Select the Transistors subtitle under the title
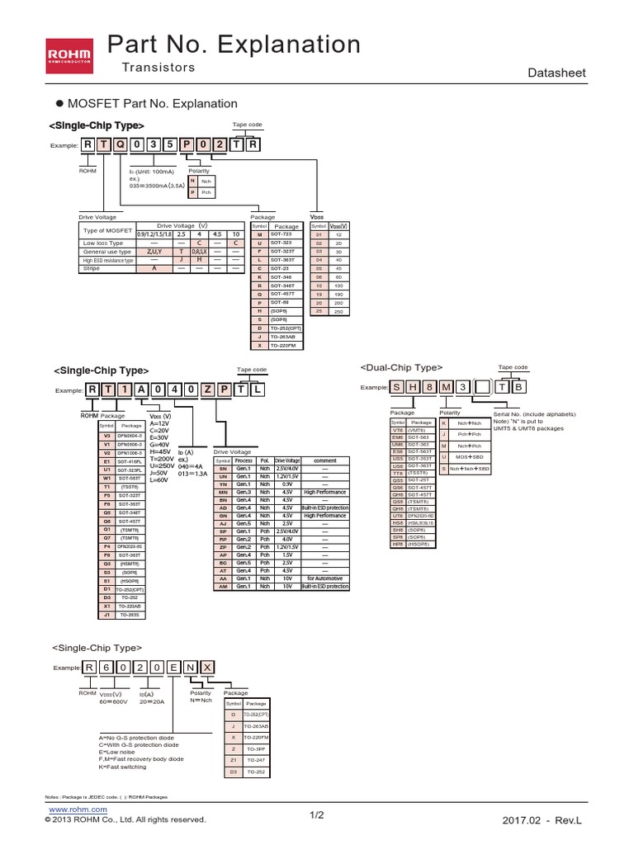pos(158,68)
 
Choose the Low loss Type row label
pos(103,243)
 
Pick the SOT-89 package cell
pos(286,303)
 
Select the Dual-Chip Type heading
pos(402,366)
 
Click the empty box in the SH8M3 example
pos(480,387)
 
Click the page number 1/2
pos(317,816)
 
